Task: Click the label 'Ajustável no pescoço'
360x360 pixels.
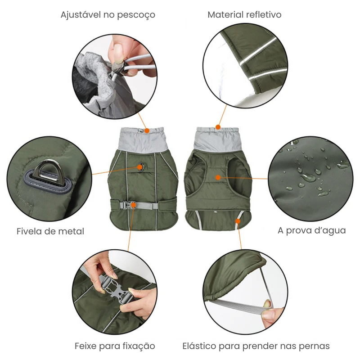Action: (108, 15)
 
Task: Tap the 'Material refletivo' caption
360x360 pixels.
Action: (244, 15)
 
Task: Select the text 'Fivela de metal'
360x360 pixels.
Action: (50, 232)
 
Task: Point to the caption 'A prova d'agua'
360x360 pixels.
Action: (312, 230)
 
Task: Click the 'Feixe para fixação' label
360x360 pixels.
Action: (115, 346)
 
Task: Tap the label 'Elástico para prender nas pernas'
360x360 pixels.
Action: (256, 346)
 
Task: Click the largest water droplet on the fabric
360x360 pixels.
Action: (308, 177)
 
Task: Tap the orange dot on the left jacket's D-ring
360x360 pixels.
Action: (140, 167)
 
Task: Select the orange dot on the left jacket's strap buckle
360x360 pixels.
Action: (134, 205)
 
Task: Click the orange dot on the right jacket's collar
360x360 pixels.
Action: (218, 127)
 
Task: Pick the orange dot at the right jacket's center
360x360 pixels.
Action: (218, 177)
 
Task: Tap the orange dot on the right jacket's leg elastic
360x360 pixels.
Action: (238, 221)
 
